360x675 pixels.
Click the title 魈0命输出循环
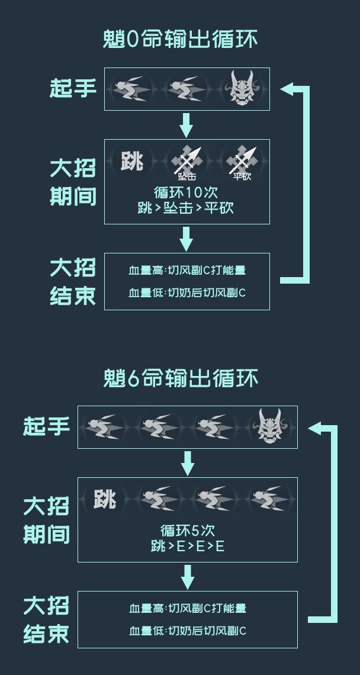tap(180, 39)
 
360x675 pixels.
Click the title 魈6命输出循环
tap(180, 378)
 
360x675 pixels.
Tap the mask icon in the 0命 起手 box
tap(242, 89)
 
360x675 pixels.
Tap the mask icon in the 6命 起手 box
tap(271, 426)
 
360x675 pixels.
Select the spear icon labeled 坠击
tap(187, 163)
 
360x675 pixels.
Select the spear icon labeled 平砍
tap(242, 163)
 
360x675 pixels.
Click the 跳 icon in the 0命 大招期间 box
tap(131, 162)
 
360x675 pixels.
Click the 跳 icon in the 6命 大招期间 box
tap(105, 499)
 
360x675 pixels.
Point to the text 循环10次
tap(186, 192)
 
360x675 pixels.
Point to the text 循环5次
tap(187, 531)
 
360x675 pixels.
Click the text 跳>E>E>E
tap(187, 547)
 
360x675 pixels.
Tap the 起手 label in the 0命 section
tap(73, 88)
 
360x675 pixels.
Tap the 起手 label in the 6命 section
tap(47, 426)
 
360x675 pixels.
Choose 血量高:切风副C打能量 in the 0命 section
tap(187, 271)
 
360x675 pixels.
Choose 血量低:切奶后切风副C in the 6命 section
tap(188, 631)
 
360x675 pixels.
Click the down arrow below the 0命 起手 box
tap(186, 126)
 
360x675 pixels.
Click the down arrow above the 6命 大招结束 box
tap(187, 577)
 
